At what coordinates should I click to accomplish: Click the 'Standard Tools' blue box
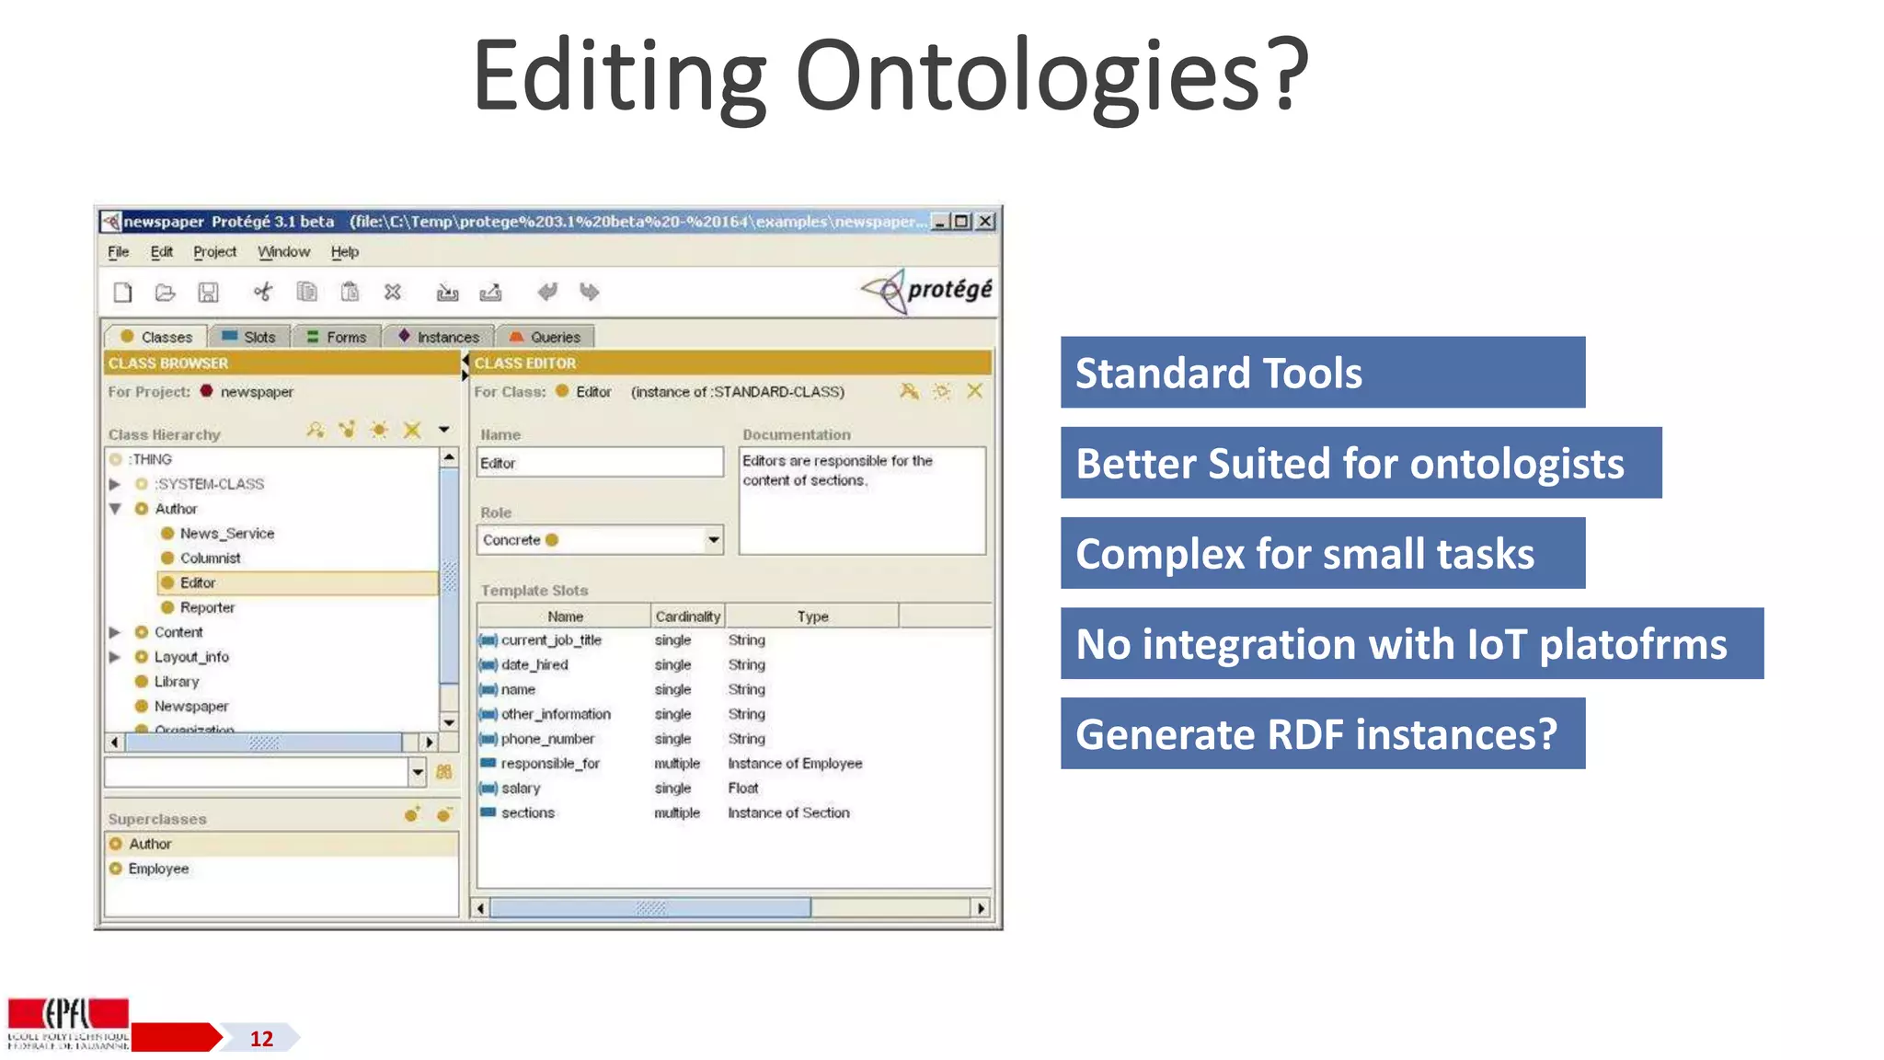pyautogui.click(x=1321, y=373)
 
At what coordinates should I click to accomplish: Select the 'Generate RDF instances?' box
pyautogui.click(x=1321, y=734)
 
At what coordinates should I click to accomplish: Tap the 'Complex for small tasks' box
pyautogui.click(x=1321, y=554)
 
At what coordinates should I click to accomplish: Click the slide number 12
pyautogui.click(x=261, y=1039)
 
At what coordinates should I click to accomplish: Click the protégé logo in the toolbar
pyautogui.click(x=927, y=291)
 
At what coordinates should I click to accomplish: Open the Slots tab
pyautogui.click(x=249, y=337)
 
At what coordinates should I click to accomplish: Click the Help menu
pyautogui.click(x=344, y=252)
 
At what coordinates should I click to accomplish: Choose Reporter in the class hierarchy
pyautogui.click(x=207, y=607)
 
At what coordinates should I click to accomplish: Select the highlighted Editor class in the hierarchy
pyautogui.click(x=198, y=582)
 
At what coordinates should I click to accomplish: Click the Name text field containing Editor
pyautogui.click(x=599, y=463)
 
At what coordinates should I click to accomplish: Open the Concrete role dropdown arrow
pyautogui.click(x=713, y=540)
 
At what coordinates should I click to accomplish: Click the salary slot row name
pyautogui.click(x=521, y=789)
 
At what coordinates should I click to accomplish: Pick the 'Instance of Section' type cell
pyautogui.click(x=788, y=813)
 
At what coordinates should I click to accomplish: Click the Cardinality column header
pyautogui.click(x=687, y=616)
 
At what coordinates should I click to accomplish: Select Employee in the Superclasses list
pyautogui.click(x=158, y=869)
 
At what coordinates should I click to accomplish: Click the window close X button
pyautogui.click(x=985, y=222)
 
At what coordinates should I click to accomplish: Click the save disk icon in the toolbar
pyautogui.click(x=209, y=293)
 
